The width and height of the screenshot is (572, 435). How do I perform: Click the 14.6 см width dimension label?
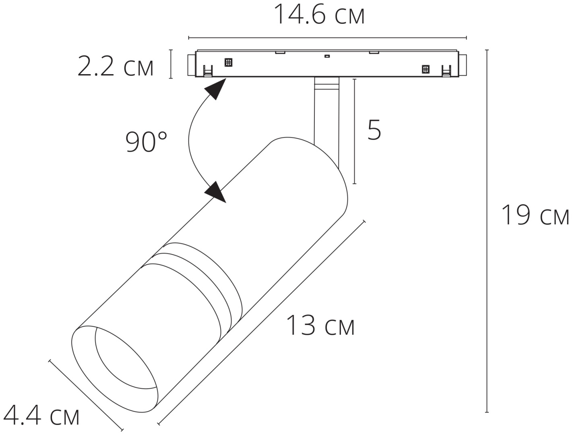coord(320,14)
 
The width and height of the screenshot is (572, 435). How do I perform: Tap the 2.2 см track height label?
coord(116,67)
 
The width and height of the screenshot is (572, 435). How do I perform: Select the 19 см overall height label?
coord(535,215)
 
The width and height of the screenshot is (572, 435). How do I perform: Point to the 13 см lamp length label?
coord(320,325)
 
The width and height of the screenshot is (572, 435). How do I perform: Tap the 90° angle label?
coord(146,142)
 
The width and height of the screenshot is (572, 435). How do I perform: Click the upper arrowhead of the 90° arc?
coord(216,89)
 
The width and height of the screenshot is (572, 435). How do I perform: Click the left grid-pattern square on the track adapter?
coord(228,62)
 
